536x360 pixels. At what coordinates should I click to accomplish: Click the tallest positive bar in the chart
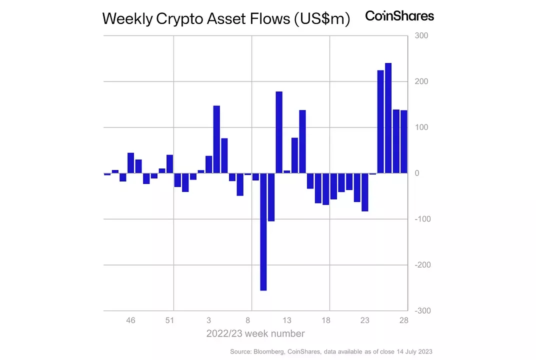[x=388, y=118]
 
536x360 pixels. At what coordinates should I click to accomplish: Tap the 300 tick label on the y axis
[x=421, y=36]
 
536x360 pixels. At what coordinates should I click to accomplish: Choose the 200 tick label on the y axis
[x=421, y=81]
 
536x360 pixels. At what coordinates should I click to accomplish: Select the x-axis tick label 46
[x=130, y=320]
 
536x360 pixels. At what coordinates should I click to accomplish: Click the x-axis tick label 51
[x=169, y=320]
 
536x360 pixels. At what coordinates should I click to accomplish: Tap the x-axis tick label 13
[x=287, y=320]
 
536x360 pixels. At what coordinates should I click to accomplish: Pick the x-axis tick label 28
[x=403, y=320]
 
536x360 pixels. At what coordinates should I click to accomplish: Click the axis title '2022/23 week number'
[x=255, y=333]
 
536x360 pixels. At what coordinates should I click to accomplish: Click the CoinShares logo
[x=399, y=16]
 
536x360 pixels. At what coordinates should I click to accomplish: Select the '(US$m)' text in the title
[x=321, y=19]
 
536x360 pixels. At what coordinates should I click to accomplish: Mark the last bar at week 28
[x=403, y=141]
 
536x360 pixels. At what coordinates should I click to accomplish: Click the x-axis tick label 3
[x=208, y=320]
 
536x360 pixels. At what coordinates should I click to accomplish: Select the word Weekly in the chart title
[x=127, y=19]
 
